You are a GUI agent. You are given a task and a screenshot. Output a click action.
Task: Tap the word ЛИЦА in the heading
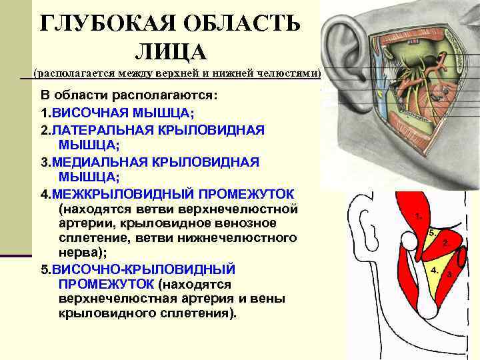click(171, 51)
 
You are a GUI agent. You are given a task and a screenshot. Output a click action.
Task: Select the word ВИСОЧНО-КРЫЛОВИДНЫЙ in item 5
click(144, 269)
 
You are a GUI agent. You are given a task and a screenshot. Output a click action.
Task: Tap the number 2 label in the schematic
click(445, 244)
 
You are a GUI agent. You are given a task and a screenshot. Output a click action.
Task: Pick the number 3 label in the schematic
click(451, 274)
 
